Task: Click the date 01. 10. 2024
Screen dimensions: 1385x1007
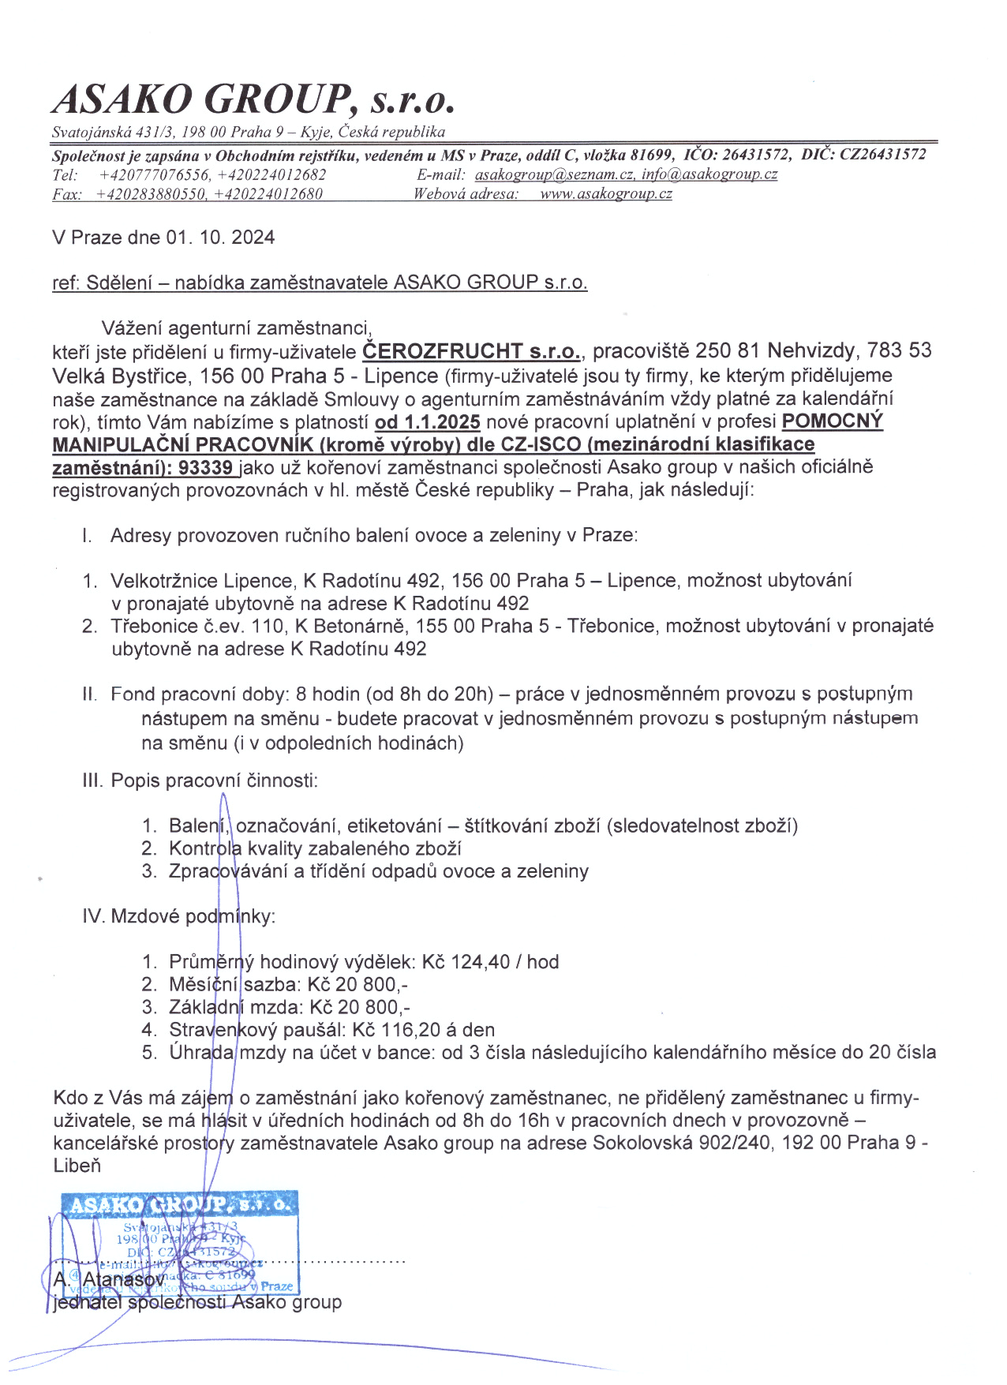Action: pos(220,238)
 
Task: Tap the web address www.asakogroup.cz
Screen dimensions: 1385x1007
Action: pos(605,194)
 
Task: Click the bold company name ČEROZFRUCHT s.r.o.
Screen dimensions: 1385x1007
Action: pos(472,351)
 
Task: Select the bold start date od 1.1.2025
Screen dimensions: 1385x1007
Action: pos(427,422)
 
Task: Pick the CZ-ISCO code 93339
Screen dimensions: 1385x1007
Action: pos(205,467)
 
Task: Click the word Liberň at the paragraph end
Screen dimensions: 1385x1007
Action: pos(77,1166)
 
